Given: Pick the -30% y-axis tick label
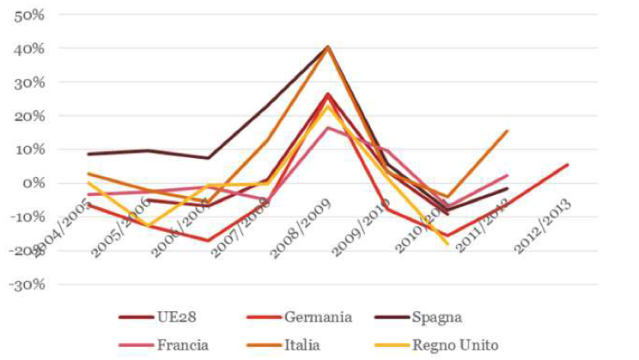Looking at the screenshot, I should [x=27, y=284].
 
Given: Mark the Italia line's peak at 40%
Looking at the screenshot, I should [x=328, y=46].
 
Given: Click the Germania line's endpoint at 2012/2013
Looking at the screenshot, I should [x=568, y=164].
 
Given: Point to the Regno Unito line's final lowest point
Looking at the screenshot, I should [x=447, y=244].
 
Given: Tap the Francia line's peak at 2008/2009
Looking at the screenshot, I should [x=328, y=128].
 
